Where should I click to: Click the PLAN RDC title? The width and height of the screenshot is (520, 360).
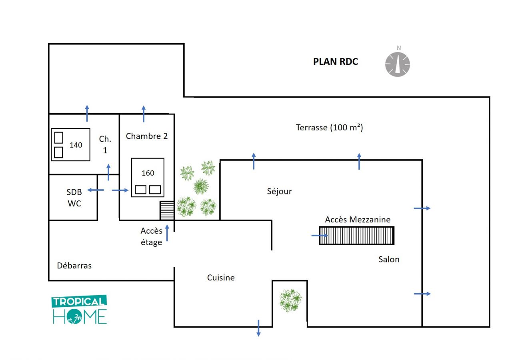336,62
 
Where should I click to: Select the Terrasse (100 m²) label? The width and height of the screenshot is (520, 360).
329,128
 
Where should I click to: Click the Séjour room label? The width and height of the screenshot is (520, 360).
279,191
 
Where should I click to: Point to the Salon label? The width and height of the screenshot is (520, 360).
389,259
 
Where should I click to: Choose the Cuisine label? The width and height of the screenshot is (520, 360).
221,278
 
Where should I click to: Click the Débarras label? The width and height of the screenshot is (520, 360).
74,266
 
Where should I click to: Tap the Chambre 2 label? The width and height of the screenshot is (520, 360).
147,136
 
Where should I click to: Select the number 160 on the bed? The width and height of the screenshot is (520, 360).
148,173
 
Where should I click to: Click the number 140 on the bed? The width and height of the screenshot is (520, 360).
76,145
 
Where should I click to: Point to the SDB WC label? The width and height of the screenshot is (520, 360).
74,198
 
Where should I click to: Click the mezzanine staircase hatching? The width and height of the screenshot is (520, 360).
356,236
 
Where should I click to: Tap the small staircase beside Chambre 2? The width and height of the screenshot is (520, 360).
167,210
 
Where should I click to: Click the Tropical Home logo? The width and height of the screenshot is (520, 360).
79,310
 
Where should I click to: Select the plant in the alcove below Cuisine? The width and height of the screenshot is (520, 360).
291,300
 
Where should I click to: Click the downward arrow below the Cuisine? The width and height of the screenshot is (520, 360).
258,328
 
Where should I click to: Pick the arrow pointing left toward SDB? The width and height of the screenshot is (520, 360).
96,190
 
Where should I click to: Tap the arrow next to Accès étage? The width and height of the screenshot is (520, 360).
167,233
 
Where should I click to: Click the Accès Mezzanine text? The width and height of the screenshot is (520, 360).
358,220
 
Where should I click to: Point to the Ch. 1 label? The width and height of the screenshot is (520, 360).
105,145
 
